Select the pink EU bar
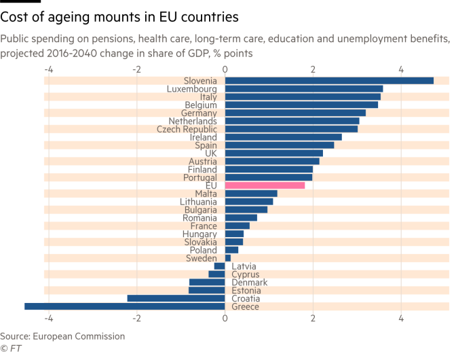click(265, 185)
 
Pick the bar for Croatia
click(176, 299)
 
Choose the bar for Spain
click(279, 145)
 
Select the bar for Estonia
click(206, 291)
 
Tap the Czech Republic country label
click(187, 129)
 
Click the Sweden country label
click(202, 258)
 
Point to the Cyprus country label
click(246, 274)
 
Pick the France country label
click(204, 226)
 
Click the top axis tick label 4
click(401, 69)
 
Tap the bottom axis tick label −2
click(137, 317)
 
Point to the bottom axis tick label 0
click(225, 317)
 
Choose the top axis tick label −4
click(48, 69)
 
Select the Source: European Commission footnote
click(62, 336)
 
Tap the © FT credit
click(10, 348)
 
